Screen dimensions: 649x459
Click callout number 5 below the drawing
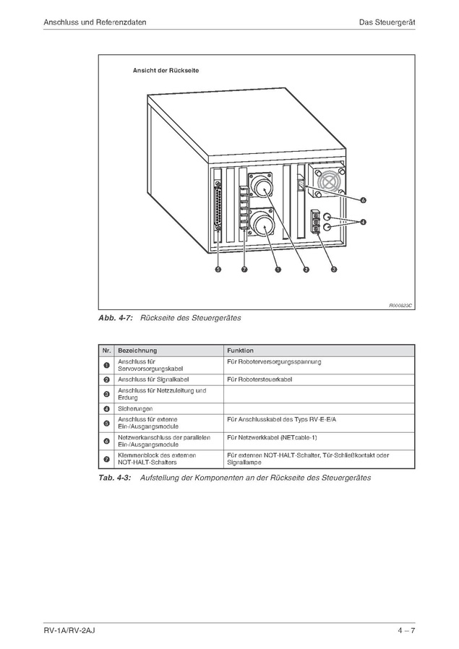pyautogui.click(x=218, y=270)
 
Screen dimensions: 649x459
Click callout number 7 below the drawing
pyautogui.click(x=244, y=270)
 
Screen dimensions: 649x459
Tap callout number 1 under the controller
pyautogui.click(x=278, y=270)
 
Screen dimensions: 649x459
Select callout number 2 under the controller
pyautogui.click(x=306, y=270)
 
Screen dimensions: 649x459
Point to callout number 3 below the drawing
pyautogui.click(x=333, y=270)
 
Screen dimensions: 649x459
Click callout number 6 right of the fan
pyautogui.click(x=363, y=199)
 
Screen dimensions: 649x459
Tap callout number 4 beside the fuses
pyautogui.click(x=363, y=221)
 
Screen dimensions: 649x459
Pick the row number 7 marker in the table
pyautogui.click(x=106, y=459)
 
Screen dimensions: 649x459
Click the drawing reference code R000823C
pyautogui.click(x=400, y=306)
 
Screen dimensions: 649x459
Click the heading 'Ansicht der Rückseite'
pyautogui.click(x=166, y=71)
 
